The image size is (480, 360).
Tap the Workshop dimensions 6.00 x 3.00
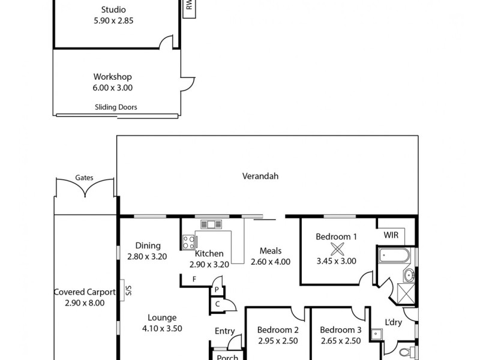[112, 87]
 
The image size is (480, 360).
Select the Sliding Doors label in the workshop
[116, 107]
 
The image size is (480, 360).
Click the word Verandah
[260, 176]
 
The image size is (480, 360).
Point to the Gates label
[84, 178]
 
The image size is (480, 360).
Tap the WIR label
[391, 235]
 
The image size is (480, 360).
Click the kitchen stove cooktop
[188, 242]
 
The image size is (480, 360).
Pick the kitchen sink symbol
[211, 224]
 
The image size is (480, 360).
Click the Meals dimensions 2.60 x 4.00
[271, 261]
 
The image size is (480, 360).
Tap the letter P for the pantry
[216, 289]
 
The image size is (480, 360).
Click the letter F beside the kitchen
[194, 279]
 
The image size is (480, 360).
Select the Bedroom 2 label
[278, 329]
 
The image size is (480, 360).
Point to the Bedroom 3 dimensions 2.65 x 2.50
[340, 340]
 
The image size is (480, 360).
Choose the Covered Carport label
[85, 292]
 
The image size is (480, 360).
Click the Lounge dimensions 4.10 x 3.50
[162, 328]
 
